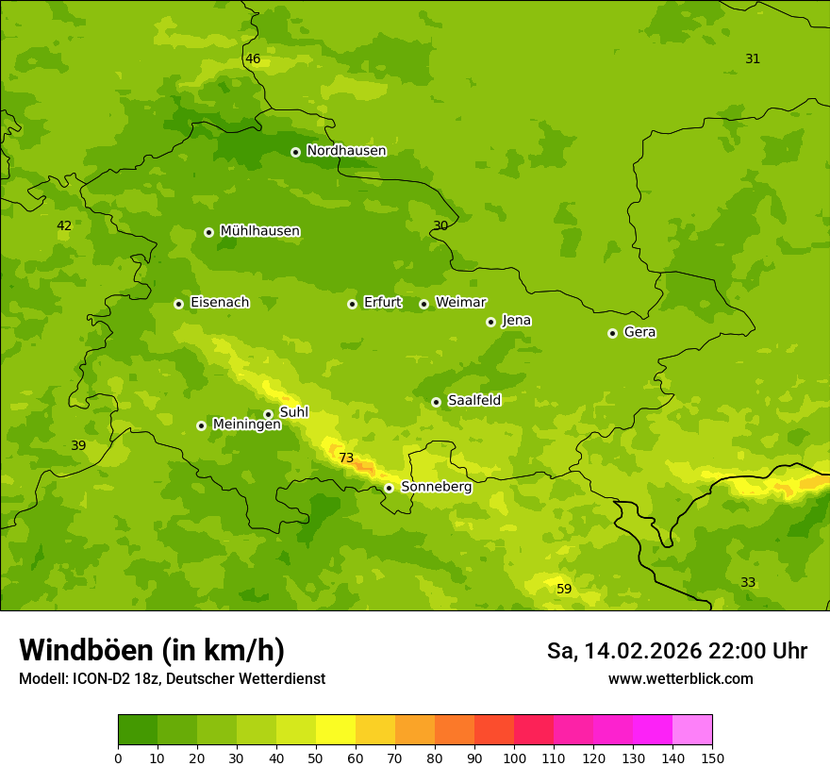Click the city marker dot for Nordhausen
pyautogui.click(x=295, y=152)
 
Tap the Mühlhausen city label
pyautogui.click(x=259, y=231)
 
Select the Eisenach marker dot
pyautogui.click(x=178, y=304)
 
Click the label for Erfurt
pyautogui.click(x=382, y=303)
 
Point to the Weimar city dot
pyautogui.click(x=423, y=304)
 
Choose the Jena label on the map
pyautogui.click(x=516, y=321)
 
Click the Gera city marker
pyautogui.click(x=612, y=333)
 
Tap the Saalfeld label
pyautogui.click(x=473, y=401)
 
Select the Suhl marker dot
pyautogui.click(x=268, y=414)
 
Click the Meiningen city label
pyautogui.click(x=246, y=425)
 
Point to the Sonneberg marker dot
pyautogui.click(x=389, y=488)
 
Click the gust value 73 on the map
pyautogui.click(x=346, y=458)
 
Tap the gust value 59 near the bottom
pyautogui.click(x=564, y=590)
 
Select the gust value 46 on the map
pyautogui.click(x=253, y=59)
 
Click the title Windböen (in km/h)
pyautogui.click(x=152, y=650)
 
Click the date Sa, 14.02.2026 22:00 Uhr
pyautogui.click(x=676, y=651)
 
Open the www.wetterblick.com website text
pyautogui.click(x=680, y=679)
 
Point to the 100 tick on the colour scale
pyautogui.click(x=514, y=758)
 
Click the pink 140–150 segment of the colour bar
pyautogui.click(x=691, y=730)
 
